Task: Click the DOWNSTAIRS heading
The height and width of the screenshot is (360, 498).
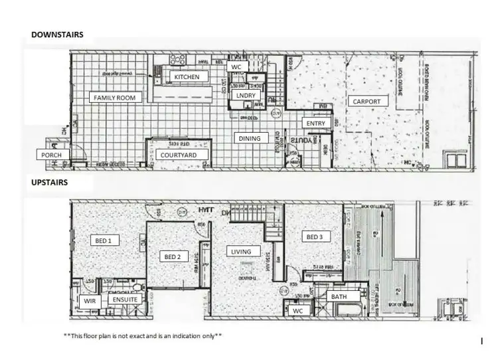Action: (56, 33)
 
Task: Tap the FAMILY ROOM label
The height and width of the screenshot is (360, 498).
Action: (114, 98)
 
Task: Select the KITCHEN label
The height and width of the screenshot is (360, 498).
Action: (187, 77)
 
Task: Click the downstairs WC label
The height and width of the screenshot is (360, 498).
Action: (236, 67)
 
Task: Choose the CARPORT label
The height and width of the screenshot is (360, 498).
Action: (367, 102)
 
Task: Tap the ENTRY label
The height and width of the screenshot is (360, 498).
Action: (315, 124)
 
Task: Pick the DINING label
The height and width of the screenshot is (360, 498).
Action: (249, 138)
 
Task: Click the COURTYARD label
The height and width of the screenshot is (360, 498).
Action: (179, 155)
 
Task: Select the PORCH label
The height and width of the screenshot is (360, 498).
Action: (51, 155)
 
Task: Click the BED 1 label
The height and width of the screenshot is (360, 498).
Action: (104, 240)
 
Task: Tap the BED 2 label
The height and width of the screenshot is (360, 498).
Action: (172, 256)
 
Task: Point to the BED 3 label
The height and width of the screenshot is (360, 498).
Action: (313, 236)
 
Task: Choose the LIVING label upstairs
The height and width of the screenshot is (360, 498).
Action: (240, 252)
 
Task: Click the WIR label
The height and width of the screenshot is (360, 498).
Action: (89, 300)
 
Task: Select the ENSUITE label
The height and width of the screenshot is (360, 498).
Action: (125, 300)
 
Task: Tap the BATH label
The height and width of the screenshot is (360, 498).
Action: (339, 296)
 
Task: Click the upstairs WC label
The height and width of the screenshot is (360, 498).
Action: (297, 310)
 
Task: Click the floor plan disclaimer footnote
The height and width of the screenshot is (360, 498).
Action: (143, 336)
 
